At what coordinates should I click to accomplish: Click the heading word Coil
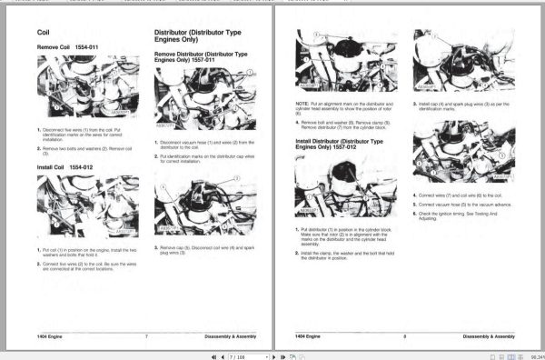pos(44,32)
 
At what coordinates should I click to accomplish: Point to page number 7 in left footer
pos(146,336)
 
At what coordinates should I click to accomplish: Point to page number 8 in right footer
pos(404,336)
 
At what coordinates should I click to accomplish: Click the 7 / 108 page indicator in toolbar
pos(238,355)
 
